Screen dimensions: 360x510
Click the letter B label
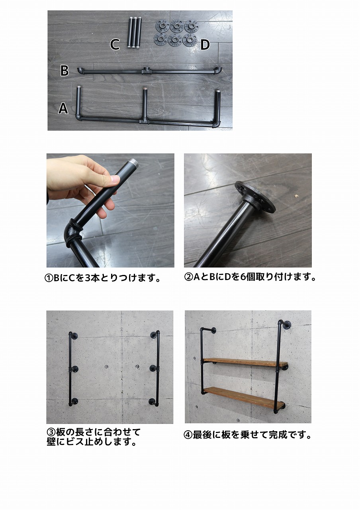click(x=65, y=71)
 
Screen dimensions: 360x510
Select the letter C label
click(x=115, y=44)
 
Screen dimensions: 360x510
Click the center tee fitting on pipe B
click(x=146, y=71)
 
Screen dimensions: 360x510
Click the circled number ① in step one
click(x=49, y=279)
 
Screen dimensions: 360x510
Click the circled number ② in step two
click(x=188, y=277)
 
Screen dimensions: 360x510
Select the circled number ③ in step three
click(x=51, y=432)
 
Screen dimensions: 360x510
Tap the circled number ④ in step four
click(x=188, y=435)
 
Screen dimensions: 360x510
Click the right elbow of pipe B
click(x=218, y=71)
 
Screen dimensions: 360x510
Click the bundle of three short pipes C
click(x=134, y=33)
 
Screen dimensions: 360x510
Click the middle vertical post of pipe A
click(x=144, y=104)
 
